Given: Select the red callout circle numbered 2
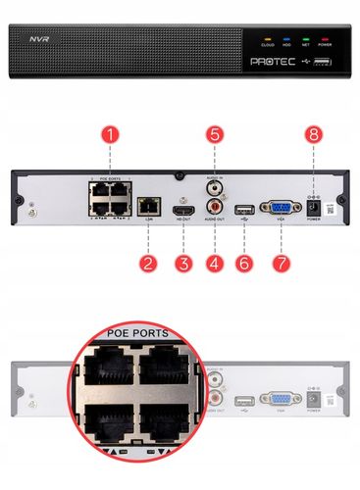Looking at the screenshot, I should pos(147,262).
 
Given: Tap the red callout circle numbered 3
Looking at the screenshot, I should pos(182,262).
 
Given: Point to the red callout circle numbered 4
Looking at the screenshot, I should pos(215,262).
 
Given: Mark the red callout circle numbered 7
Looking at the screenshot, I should pos(281,262).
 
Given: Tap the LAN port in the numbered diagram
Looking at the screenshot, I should pos(147,207).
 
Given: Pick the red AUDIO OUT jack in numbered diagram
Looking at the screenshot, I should pos(215,207).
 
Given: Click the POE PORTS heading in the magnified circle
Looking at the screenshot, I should pos(124,334).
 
